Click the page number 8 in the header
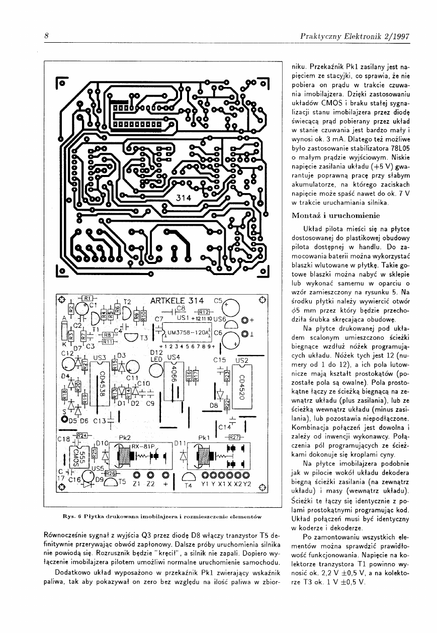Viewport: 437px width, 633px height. (46, 36)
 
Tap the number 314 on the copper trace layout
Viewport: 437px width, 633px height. (185, 198)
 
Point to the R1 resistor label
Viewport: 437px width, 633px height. (86, 298)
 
